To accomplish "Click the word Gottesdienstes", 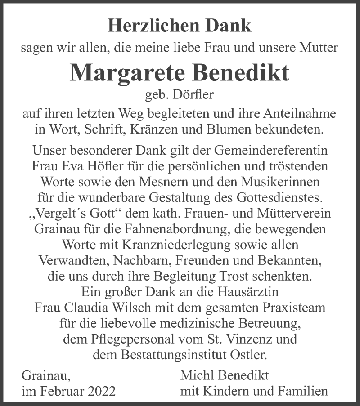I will coord(259,198).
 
